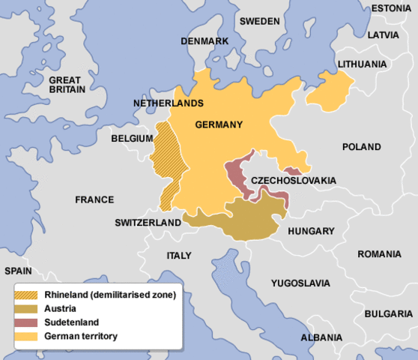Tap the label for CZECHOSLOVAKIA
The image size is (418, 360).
293,181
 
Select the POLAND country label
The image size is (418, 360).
361,147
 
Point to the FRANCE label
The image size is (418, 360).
94,199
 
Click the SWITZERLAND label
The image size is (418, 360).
148,223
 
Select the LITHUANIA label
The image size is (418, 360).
364,64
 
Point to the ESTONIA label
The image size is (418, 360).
391,8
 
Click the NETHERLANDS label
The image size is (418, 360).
169,102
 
